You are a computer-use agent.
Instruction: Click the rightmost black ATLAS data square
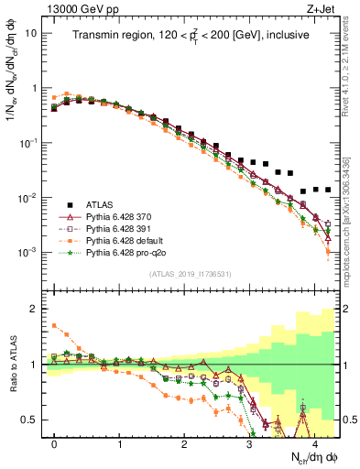[328, 190]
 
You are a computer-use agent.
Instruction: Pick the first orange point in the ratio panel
[55, 325]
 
